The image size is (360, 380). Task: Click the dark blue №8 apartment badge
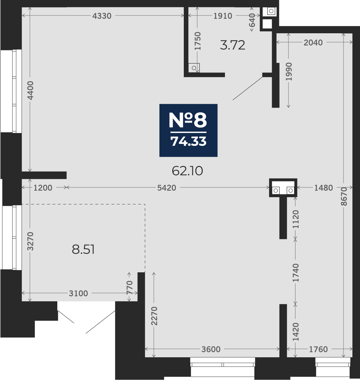pos(188,130)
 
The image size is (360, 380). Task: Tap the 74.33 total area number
pos(189,141)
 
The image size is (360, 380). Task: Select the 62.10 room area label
pos(187,171)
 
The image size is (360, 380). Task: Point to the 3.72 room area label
pos(233,45)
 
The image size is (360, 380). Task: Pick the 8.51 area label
pos(83,249)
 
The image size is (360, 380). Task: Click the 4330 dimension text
pos(102,16)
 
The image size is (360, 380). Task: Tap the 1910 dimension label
pos(223,16)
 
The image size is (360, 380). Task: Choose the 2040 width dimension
pos(313,43)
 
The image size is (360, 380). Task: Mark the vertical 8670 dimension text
pos(344,197)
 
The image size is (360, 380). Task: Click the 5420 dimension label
pos(167,188)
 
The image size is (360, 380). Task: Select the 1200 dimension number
pos(43,188)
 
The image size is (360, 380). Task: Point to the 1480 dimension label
pos(324,188)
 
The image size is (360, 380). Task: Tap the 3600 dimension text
pos(211,349)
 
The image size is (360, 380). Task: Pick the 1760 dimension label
pos(318,349)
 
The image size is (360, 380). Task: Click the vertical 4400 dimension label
pos(31,91)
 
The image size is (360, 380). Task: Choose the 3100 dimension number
pos(78,293)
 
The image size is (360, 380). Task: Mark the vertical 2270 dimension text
pos(154,316)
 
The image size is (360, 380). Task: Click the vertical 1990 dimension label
pos(289,72)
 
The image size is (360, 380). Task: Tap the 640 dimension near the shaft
pos(252,20)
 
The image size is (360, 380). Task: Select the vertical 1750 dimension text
pos(198,41)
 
